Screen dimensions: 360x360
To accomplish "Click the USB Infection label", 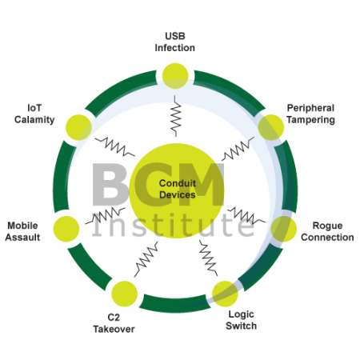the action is (x=175, y=42).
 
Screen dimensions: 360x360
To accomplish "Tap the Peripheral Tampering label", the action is (x=310, y=114).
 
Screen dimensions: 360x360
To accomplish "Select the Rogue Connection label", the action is (x=327, y=231).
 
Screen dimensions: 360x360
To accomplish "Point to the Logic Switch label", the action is (x=241, y=320).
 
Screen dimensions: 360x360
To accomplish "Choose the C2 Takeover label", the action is (x=114, y=323).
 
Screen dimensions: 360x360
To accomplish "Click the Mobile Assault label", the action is (x=22, y=231).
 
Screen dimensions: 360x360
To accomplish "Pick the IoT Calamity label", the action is (x=34, y=114).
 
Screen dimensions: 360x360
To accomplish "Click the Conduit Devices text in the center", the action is (x=178, y=189).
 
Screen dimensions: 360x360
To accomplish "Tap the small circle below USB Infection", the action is (x=175, y=76).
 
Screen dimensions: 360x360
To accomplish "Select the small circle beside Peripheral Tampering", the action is (x=271, y=127).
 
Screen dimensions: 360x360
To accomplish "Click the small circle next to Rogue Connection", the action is (x=284, y=229).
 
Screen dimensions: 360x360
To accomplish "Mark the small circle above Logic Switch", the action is (x=225, y=294).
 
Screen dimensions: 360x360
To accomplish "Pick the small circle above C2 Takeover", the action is (x=124, y=294).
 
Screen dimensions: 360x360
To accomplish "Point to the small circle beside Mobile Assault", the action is (x=66, y=229).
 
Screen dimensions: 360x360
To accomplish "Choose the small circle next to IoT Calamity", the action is (x=78, y=127).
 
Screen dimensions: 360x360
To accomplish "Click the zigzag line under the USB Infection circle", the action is (x=176, y=116).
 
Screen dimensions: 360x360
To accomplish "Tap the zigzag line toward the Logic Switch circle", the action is (x=208, y=258).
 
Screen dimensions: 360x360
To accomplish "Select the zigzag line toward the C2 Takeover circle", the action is (x=146, y=259).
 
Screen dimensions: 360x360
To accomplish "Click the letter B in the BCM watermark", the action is (x=109, y=185).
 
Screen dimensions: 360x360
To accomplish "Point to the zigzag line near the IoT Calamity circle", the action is (x=115, y=146).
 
